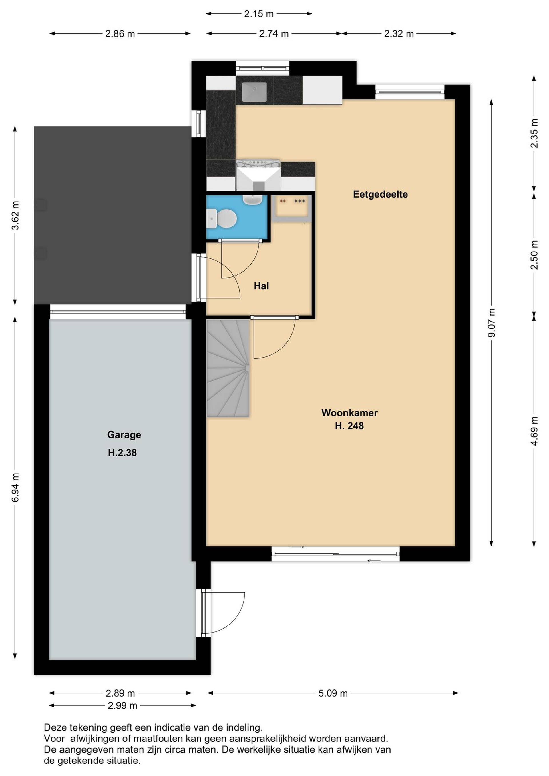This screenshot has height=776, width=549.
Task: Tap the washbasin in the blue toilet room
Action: tap(253, 200)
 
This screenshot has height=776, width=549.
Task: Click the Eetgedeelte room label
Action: tap(380, 194)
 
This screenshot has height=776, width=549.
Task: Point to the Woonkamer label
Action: tap(349, 413)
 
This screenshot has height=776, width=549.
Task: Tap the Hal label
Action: tap(261, 286)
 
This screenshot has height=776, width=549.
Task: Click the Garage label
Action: tap(124, 435)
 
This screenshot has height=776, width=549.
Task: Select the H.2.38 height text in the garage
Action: tap(122, 452)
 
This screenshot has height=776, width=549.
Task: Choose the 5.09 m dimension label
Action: tap(333, 693)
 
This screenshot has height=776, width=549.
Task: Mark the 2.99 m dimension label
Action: tap(122, 705)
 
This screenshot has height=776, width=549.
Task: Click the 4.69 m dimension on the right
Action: tap(534, 431)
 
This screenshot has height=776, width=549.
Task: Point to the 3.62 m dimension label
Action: tap(15, 215)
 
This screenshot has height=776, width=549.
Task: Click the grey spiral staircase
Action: tap(228, 368)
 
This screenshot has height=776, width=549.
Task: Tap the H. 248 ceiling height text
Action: tap(349, 426)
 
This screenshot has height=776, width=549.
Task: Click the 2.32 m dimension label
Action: tap(399, 33)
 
